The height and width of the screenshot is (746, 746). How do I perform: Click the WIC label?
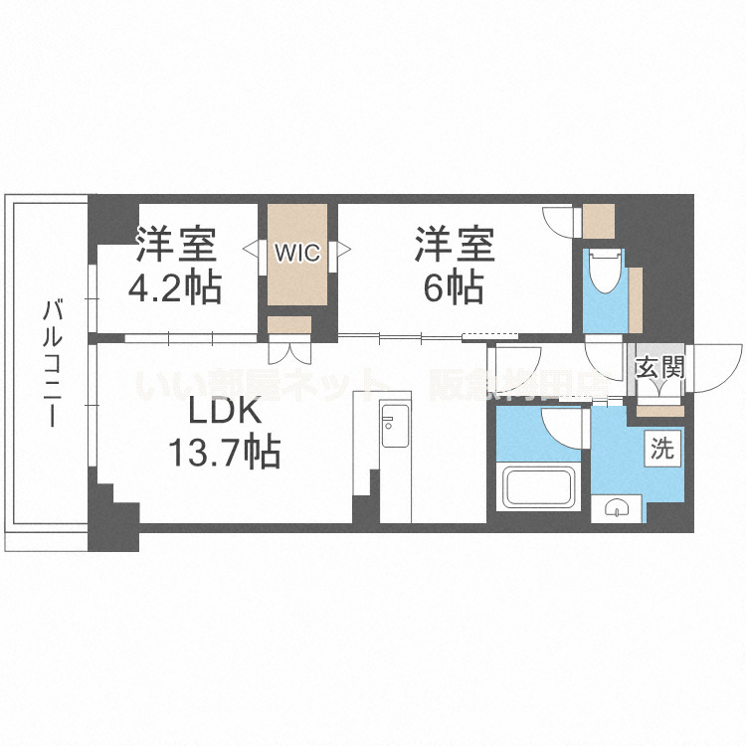[297, 252]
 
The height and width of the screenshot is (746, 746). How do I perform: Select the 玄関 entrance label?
[659, 368]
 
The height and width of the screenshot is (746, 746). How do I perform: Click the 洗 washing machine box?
[661, 448]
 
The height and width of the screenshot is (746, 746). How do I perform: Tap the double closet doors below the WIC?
[289, 351]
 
